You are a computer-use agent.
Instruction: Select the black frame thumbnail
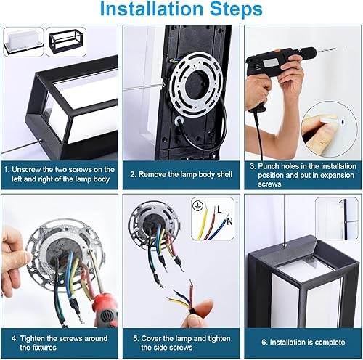coord(66,39)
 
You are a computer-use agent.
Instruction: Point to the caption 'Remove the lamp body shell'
coord(181,174)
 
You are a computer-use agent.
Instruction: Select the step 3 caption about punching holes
coord(302,174)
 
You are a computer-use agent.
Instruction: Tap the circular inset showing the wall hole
coord(330,128)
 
